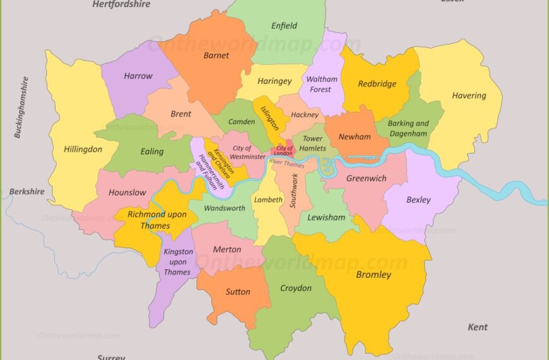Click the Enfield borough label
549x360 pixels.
[x=284, y=26]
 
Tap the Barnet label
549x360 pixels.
[x=216, y=56]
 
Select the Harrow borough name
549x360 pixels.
[x=138, y=76]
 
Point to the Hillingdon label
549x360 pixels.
[x=83, y=150]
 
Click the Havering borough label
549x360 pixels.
[x=469, y=96]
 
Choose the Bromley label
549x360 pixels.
[x=374, y=275]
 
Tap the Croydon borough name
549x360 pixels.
[x=296, y=288]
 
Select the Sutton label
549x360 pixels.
[x=238, y=292]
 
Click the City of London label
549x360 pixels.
[x=285, y=150]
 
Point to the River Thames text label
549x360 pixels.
[x=286, y=164]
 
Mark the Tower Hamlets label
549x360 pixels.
[x=312, y=143]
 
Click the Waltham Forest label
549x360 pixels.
[x=322, y=85]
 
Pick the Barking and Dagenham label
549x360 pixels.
[x=408, y=128]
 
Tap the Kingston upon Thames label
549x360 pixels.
[x=177, y=262]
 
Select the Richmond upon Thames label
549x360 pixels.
[x=157, y=219]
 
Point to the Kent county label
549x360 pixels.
[x=478, y=327]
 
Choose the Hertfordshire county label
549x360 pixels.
[x=121, y=4]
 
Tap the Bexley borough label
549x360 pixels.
[x=418, y=200]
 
